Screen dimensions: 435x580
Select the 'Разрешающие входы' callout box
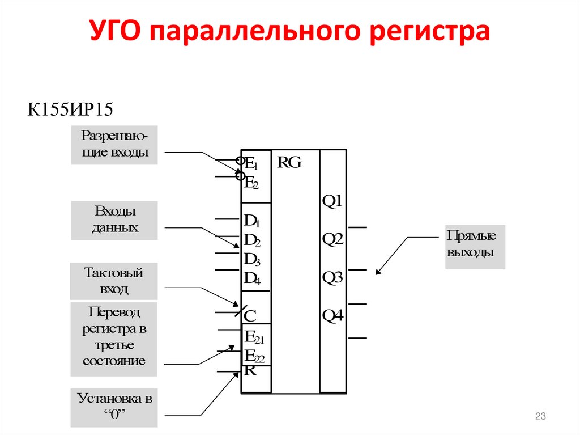[x=114, y=145]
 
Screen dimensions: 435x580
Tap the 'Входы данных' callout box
[x=114, y=220]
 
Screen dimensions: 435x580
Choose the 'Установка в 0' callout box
[x=114, y=407]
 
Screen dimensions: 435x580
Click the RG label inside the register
[x=289, y=163]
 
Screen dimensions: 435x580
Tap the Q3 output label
[x=332, y=278]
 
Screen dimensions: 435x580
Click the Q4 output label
[x=332, y=316]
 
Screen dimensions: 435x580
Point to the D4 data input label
[x=251, y=278]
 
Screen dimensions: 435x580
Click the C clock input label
[x=250, y=316]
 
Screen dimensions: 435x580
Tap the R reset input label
[x=250, y=371]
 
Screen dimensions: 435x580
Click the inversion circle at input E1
[x=240, y=161]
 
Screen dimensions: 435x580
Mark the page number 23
[x=540, y=417]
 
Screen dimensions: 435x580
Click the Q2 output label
[x=332, y=240]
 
